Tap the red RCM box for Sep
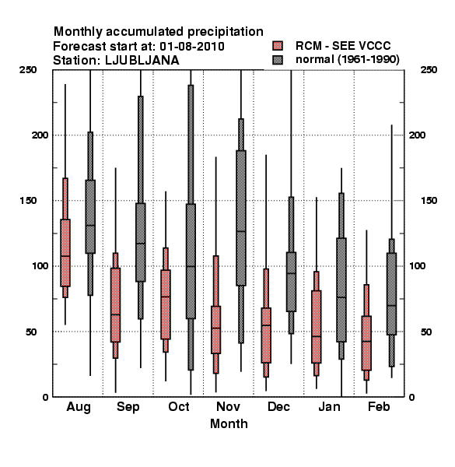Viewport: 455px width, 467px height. point(115,305)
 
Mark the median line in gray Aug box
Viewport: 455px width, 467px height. point(90,226)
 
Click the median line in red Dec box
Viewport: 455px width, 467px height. point(266,325)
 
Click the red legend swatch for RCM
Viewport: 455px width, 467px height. point(278,46)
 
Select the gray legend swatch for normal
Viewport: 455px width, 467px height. point(278,60)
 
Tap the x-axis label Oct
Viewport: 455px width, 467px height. point(179,407)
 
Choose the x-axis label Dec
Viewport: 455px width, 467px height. point(278,407)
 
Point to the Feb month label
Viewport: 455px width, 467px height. point(379,406)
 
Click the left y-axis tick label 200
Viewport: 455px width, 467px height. point(40,135)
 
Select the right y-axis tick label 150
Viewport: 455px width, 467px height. point(429,201)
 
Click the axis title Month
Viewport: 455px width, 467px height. point(229,424)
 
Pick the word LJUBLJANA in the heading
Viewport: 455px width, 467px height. point(142,61)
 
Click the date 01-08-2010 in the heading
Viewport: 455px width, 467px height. point(192,47)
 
